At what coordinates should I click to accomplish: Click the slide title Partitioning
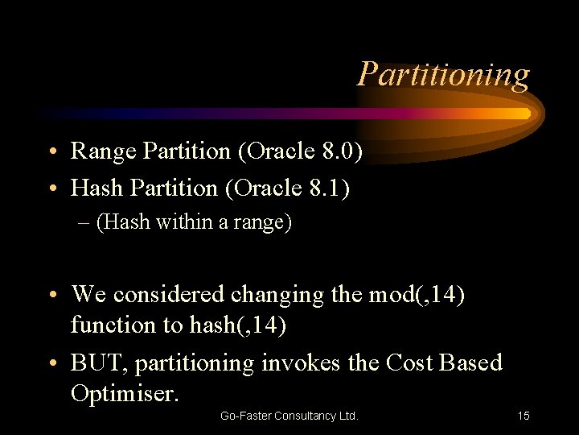click(x=444, y=74)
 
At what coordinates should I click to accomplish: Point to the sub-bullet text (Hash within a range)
click(x=194, y=222)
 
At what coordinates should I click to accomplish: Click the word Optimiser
click(x=125, y=394)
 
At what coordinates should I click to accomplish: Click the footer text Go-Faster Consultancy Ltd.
click(x=289, y=416)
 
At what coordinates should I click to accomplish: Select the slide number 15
click(x=523, y=416)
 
